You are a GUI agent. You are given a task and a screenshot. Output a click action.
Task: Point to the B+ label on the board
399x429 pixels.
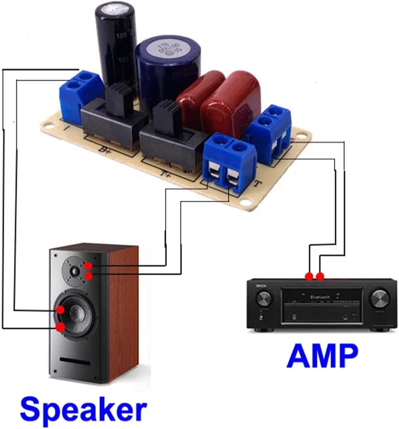tap(105, 149)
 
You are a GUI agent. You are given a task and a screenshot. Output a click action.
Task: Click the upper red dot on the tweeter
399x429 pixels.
tap(88, 266)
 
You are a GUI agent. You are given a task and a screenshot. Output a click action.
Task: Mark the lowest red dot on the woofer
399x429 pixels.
tap(61, 327)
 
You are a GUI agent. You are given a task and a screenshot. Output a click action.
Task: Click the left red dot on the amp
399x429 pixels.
tap(309, 276)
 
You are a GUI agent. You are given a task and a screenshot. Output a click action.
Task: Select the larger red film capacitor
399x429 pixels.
tap(232, 97)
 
